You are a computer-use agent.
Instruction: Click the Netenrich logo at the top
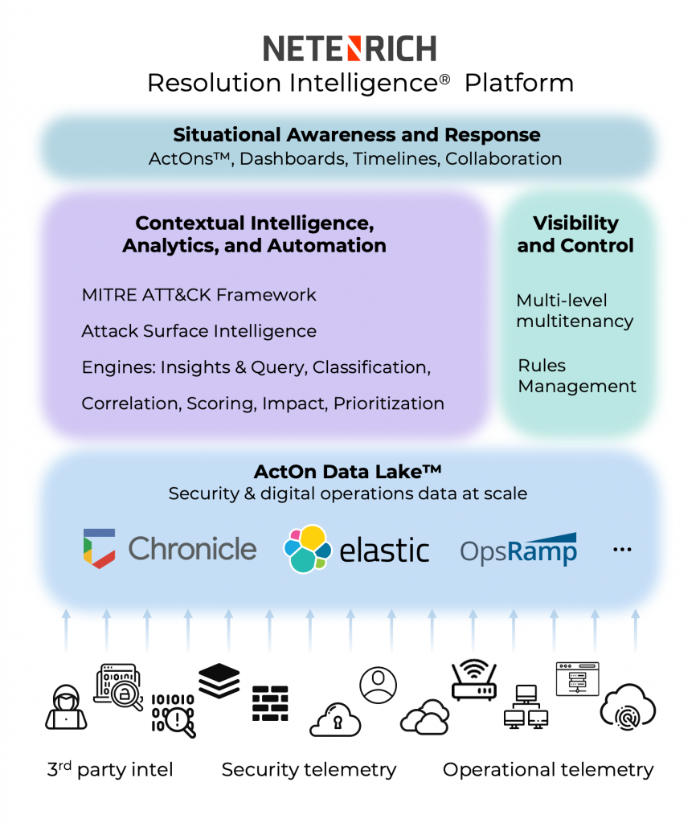[350, 48]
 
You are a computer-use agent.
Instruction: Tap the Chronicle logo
[170, 549]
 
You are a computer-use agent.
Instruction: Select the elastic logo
[356, 549]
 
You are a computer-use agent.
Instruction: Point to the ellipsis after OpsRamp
[622, 550]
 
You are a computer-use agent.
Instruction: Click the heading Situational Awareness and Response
[356, 135]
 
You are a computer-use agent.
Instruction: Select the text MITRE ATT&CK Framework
[199, 295]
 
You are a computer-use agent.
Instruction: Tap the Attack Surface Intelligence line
[199, 331]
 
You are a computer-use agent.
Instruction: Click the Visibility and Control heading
[575, 234]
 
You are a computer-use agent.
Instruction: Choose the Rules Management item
[576, 376]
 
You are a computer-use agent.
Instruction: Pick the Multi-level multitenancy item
[575, 311]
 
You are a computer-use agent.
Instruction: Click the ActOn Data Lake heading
[348, 471]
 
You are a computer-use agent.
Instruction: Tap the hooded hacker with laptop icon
[66, 707]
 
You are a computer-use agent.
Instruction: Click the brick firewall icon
[269, 702]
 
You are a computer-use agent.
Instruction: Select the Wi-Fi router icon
[473, 680]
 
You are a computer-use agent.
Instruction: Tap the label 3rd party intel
[110, 770]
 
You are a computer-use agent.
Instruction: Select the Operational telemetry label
[548, 770]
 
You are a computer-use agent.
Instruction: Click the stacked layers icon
[219, 682]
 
